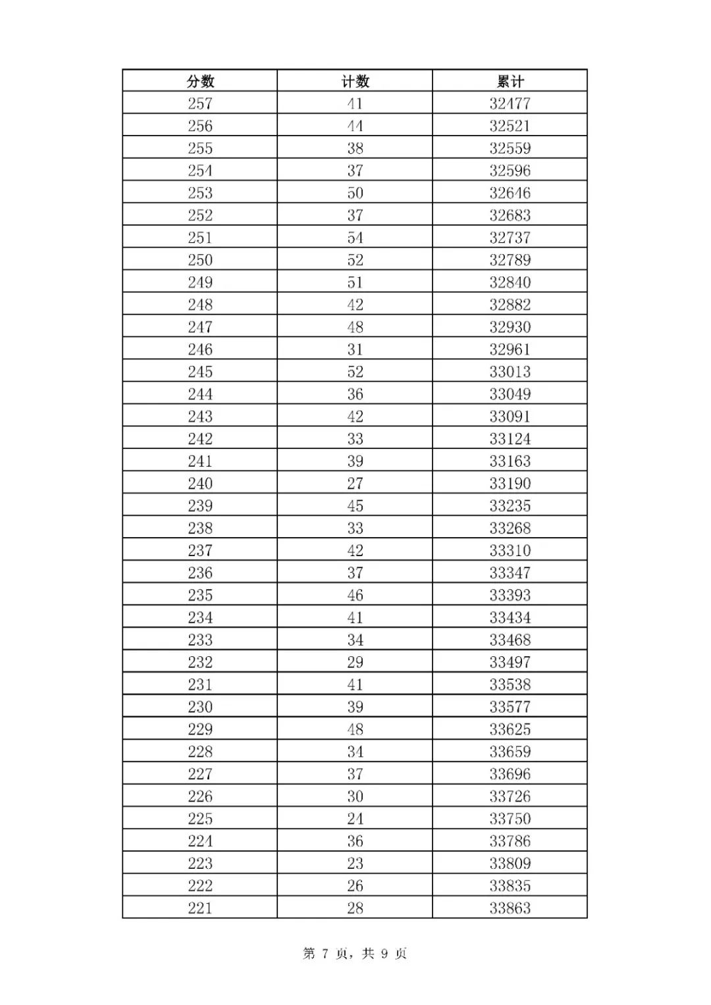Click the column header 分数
tap(200, 81)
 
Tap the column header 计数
tap(355, 81)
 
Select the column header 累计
tap(510, 81)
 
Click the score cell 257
tap(200, 103)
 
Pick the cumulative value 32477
tap(510, 103)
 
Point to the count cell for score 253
tap(355, 193)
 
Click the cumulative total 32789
tap(510, 260)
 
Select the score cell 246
tap(200, 349)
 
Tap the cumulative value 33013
tap(510, 372)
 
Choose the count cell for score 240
tap(355, 484)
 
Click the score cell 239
tap(200, 506)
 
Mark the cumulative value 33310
tap(510, 551)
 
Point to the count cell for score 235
tap(355, 596)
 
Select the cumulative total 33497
tap(510, 662)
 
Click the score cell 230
tap(200, 707)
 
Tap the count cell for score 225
tap(355, 819)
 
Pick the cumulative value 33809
tap(510, 863)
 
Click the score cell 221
tap(200, 908)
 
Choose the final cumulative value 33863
tap(510, 908)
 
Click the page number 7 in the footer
tap(325, 954)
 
